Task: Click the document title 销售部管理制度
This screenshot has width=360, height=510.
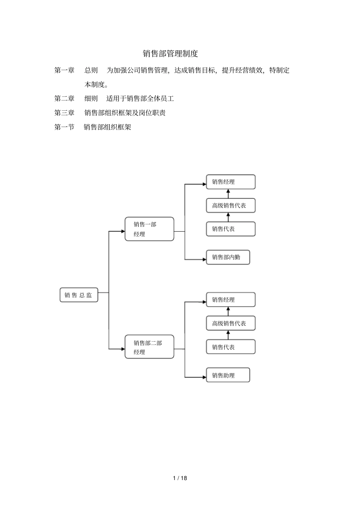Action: (x=170, y=53)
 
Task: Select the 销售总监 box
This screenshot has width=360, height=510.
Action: (x=79, y=295)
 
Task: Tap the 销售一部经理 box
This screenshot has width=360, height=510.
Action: (x=149, y=229)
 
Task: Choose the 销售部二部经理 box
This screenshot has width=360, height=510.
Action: (x=149, y=347)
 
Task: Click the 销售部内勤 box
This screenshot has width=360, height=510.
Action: (x=228, y=257)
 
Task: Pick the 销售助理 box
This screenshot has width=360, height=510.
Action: (x=228, y=375)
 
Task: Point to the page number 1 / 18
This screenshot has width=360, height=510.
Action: (x=180, y=478)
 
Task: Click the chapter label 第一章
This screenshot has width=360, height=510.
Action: (x=64, y=70)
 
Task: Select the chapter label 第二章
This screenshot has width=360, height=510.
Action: (x=64, y=99)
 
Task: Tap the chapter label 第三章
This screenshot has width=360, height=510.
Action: (x=64, y=113)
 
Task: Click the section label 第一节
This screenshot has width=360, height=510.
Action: (x=64, y=127)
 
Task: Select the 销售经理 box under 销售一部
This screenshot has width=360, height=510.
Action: (x=230, y=182)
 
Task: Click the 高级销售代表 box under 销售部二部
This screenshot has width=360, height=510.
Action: (x=230, y=323)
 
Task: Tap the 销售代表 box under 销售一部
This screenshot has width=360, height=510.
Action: (x=230, y=229)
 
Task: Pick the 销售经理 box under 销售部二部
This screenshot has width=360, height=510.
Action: (x=230, y=300)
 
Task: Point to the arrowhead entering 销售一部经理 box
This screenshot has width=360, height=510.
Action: (x=123, y=231)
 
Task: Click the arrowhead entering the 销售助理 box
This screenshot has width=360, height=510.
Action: (x=204, y=377)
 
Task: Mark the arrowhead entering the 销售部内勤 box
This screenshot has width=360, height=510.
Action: (x=204, y=259)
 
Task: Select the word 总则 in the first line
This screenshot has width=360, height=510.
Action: (x=91, y=70)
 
